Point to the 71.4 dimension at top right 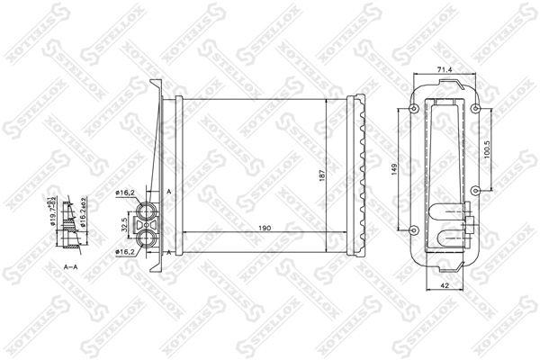coord(442,68)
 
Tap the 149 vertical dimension coord(395,168)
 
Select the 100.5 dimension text coord(487,148)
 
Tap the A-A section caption coord(69,268)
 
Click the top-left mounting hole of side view coord(413,110)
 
